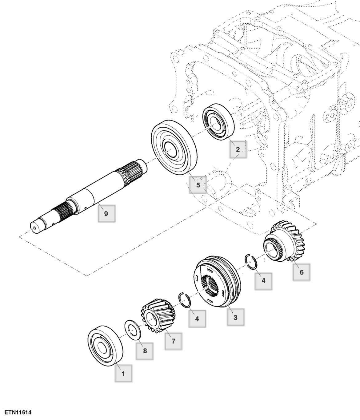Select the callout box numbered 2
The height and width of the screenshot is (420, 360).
point(238,149)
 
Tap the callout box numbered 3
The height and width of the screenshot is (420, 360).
point(235,317)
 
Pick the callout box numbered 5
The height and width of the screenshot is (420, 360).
point(198,185)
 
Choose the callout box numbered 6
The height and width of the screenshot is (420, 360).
point(301,272)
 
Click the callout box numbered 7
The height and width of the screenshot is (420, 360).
point(173,341)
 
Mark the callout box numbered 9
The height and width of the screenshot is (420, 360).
point(106,213)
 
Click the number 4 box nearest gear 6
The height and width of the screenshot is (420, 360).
point(263,280)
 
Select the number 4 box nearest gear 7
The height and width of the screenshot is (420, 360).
point(197,319)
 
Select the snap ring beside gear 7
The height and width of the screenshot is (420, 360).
point(184,300)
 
